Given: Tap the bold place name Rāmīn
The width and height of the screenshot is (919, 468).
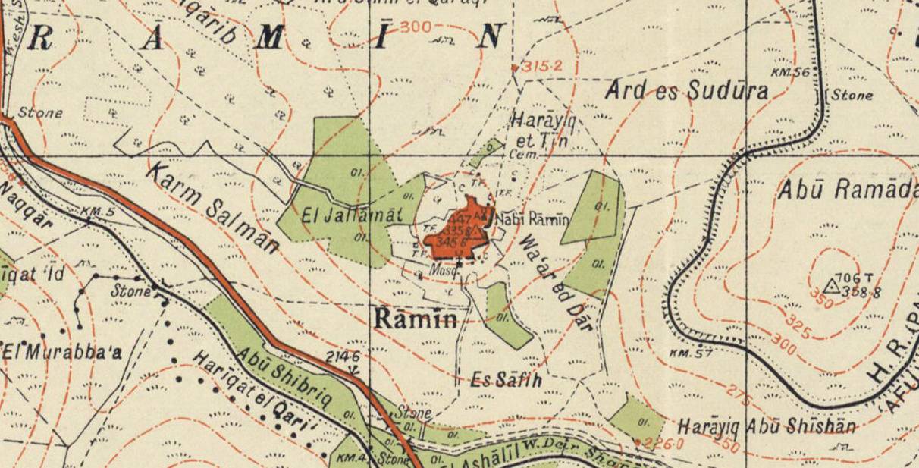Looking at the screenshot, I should [416, 319].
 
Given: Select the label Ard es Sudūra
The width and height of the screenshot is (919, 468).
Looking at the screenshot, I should [686, 91].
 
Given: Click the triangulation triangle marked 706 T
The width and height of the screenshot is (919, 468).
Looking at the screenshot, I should [832, 287].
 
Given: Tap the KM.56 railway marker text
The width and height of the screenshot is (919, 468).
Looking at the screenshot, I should [790, 72].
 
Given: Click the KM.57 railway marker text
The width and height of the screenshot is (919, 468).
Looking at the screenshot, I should [692, 353].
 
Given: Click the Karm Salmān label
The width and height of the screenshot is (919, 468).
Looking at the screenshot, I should [212, 207].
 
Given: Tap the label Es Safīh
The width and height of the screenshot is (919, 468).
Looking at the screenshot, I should [506, 379].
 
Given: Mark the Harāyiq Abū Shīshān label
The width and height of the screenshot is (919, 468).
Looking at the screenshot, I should [767, 426].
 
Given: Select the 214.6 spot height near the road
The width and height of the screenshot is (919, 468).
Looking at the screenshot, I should [342, 356].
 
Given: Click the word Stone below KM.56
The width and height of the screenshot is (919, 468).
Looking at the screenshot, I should [852, 96].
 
